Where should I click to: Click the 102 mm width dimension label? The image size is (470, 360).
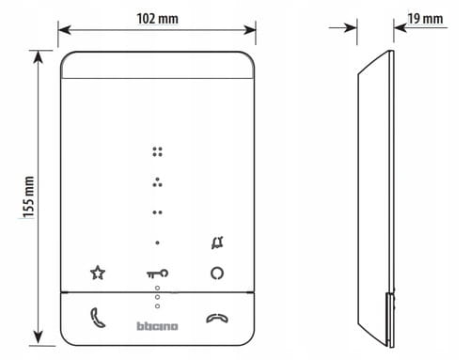coord(158,19)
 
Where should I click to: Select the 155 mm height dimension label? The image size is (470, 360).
coord(28,196)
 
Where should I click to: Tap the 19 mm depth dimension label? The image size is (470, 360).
coord(425,19)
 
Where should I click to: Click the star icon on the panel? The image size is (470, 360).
coord(98,273)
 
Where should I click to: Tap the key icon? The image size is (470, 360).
coord(158,274)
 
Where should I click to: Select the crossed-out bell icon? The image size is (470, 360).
coord(217,243)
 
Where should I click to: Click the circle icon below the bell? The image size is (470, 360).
coord(217,273)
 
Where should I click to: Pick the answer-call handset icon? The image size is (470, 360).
coord(98,318)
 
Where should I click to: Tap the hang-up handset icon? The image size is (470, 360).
coord(217,318)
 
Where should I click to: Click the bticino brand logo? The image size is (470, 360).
coord(157,326)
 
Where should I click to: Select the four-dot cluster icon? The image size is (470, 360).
coord(157,151)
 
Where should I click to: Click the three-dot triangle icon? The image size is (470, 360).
coord(157,182)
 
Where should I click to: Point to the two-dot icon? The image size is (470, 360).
coord(157,212)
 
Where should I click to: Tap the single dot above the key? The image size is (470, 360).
coord(157,243)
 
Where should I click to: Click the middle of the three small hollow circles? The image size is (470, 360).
coord(157,297)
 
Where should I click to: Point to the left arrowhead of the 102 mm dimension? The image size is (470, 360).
coord(64,30)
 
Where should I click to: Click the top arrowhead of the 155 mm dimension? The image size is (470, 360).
coord(38,56)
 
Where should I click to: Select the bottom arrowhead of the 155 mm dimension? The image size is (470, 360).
coord(38,337)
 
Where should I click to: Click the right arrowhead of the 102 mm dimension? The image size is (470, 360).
coord(250,30)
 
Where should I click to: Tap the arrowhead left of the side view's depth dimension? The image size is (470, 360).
coord(351,27)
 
